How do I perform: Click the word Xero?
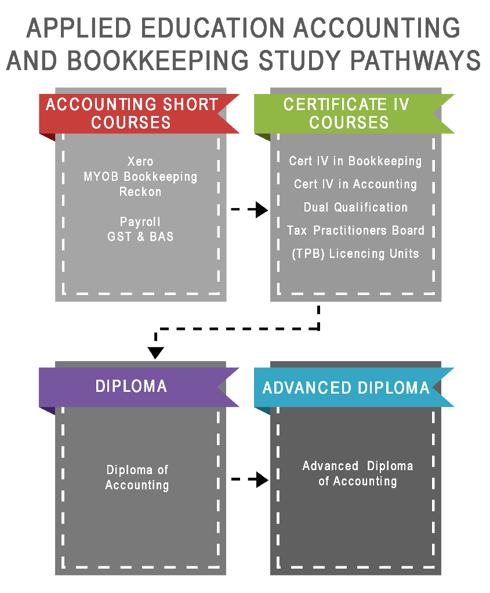click(140, 162)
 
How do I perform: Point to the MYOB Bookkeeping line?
click(140, 177)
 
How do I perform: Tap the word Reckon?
click(140, 192)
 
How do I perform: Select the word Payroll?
click(140, 221)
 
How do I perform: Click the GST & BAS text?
click(140, 237)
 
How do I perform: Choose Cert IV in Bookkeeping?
click(355, 161)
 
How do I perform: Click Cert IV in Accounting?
click(355, 184)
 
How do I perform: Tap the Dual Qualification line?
click(355, 208)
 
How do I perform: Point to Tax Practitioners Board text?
click(355, 230)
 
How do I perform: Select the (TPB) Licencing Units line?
click(355, 253)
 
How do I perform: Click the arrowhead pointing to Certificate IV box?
click(262, 209)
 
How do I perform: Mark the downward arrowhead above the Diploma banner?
click(155, 353)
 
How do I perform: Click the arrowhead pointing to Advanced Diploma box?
click(262, 479)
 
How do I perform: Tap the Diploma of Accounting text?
click(137, 478)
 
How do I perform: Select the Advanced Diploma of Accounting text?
click(358, 474)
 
